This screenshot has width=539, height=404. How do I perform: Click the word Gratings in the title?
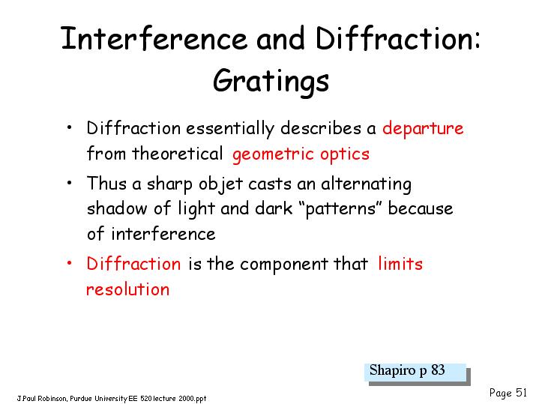point(271,82)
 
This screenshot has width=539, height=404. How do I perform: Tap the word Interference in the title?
point(154,37)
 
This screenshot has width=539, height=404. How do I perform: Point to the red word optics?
point(345,154)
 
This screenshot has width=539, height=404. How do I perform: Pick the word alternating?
point(366,184)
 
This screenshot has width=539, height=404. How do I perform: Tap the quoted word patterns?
point(340,209)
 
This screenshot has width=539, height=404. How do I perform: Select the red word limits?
point(400,264)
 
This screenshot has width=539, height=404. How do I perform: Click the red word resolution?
point(128,289)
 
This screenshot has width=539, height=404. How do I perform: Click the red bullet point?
point(70,263)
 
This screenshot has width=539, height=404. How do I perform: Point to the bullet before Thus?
point(70,183)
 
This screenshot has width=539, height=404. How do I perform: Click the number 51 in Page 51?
point(521,392)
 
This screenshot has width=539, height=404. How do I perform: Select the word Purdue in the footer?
point(81,399)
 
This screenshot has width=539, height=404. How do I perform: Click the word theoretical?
point(178,154)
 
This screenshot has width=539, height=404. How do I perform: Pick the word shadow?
point(117,208)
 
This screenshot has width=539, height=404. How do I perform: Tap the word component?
point(284,265)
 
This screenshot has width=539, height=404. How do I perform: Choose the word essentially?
point(230,129)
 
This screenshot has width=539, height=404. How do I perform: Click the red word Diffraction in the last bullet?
point(133,264)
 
